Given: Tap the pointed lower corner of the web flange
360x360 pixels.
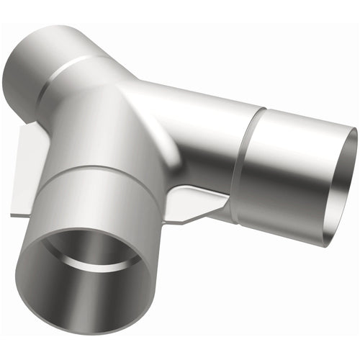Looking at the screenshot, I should (x=179, y=220).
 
